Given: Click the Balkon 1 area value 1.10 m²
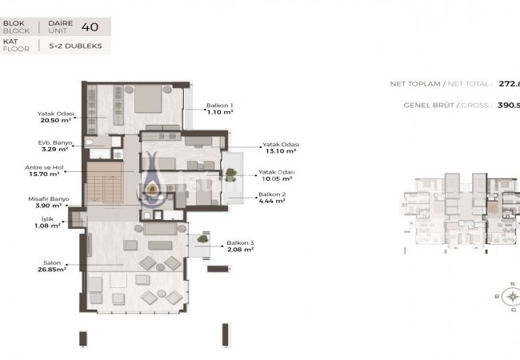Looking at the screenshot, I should (220, 113).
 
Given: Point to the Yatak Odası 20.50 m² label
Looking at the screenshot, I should (55, 117).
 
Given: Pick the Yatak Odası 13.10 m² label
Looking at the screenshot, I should (279, 147).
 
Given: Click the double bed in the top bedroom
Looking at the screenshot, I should (147, 101).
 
